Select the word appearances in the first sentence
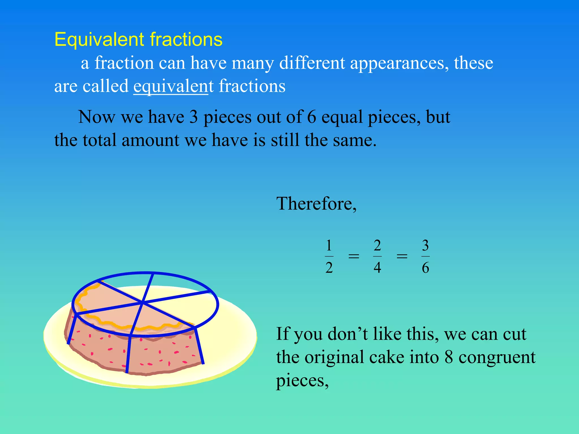pyautogui.click(x=399, y=63)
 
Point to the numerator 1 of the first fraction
pyautogui.click(x=329, y=246)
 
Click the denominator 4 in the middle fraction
pyautogui.click(x=377, y=267)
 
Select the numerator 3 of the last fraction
pyautogui.click(x=425, y=246)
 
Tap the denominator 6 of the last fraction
pyautogui.click(x=425, y=267)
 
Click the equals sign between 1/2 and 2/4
pyautogui.click(x=353, y=257)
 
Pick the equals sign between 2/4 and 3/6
pyautogui.click(x=402, y=257)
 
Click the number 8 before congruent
pyautogui.click(x=449, y=357)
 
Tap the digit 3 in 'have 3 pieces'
pyautogui.click(x=193, y=117)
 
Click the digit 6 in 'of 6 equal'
pyautogui.click(x=311, y=117)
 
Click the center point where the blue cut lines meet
pyautogui.click(x=142, y=303)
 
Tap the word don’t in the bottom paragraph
pyautogui.click(x=347, y=334)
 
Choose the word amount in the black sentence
pyautogui.click(x=150, y=140)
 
